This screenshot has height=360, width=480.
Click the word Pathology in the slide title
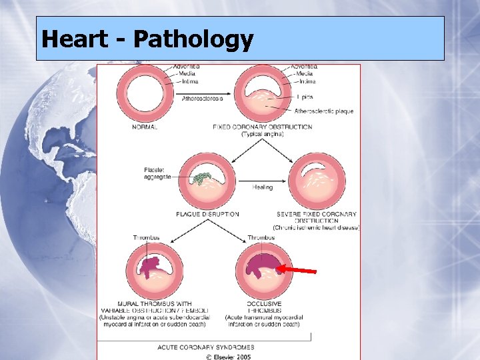193,39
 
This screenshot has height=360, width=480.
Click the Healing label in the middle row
262,187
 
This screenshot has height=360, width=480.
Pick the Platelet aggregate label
157,173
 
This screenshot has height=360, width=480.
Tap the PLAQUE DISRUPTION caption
207,214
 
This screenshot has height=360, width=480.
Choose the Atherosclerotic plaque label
324,111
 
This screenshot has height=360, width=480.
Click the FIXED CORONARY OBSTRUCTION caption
262,127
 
